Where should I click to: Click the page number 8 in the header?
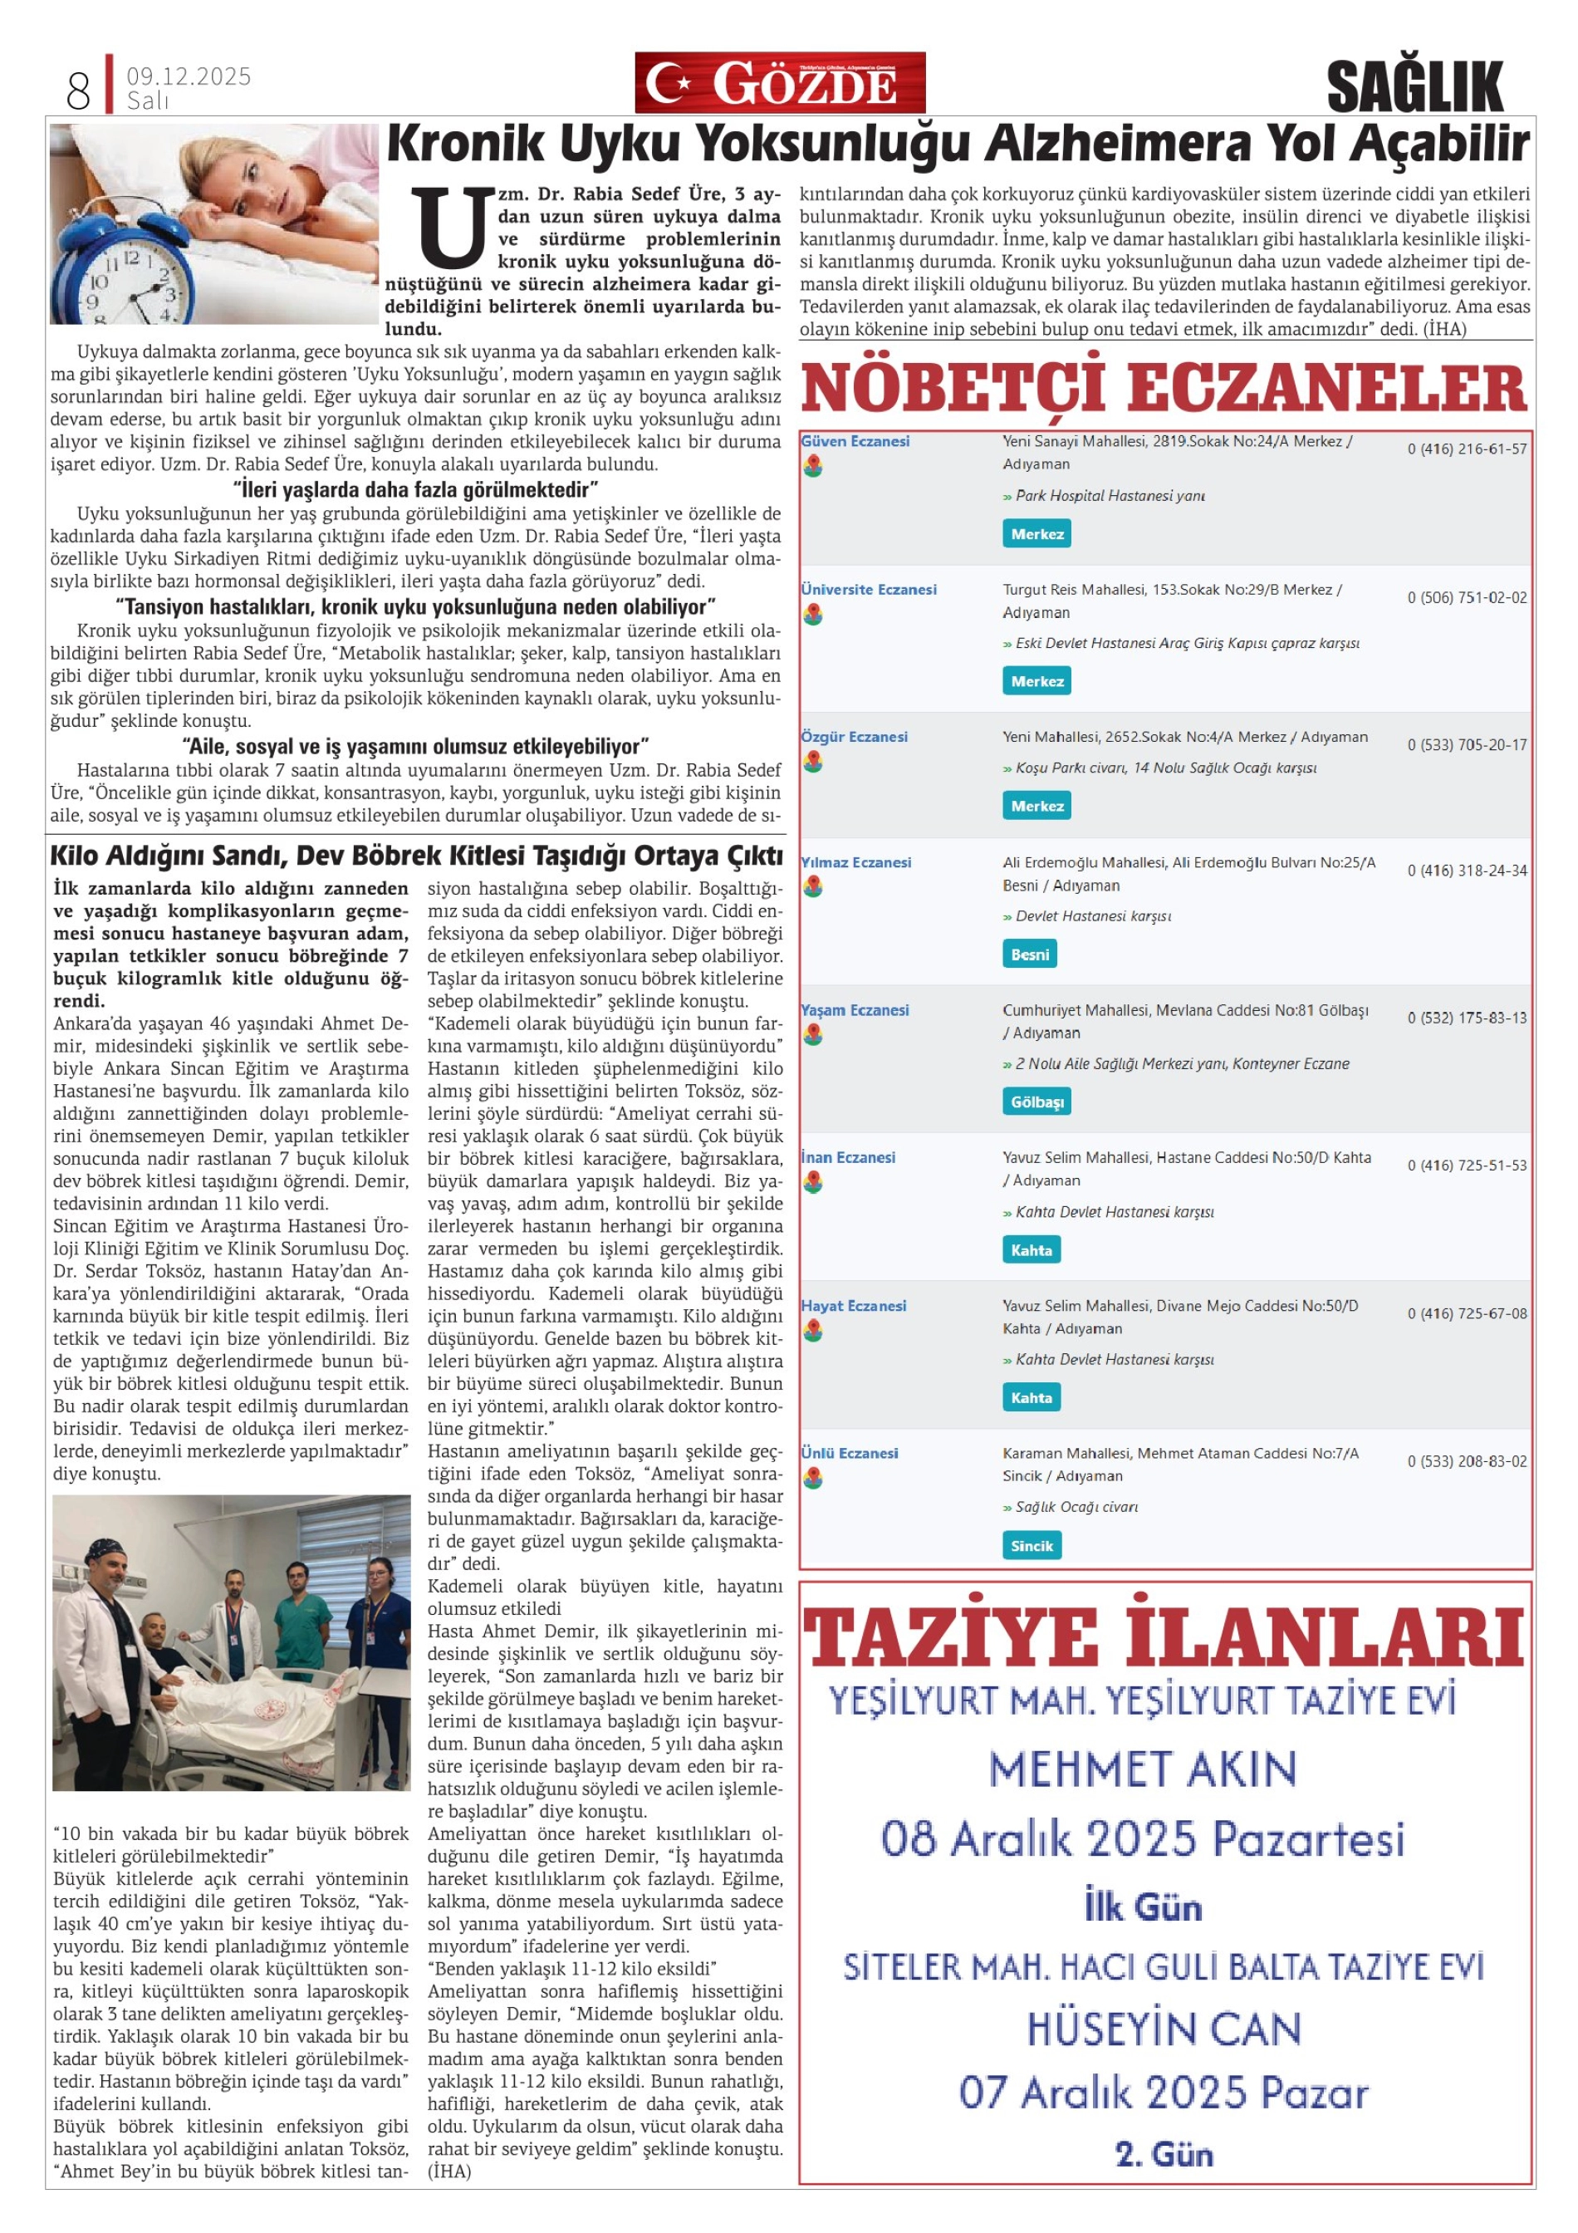78,91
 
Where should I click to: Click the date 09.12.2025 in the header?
189,76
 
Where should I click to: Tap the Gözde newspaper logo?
780,84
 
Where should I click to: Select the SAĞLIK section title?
1414,86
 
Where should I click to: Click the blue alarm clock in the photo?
126,278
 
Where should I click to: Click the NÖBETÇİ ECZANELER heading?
1164,389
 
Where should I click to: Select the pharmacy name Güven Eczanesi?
855,442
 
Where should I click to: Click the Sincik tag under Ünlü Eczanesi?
1032,1545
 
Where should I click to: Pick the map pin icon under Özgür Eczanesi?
813,763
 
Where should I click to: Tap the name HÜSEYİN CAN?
1164,2029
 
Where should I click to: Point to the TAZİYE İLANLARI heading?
1164,1641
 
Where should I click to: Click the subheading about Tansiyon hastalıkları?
416,607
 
